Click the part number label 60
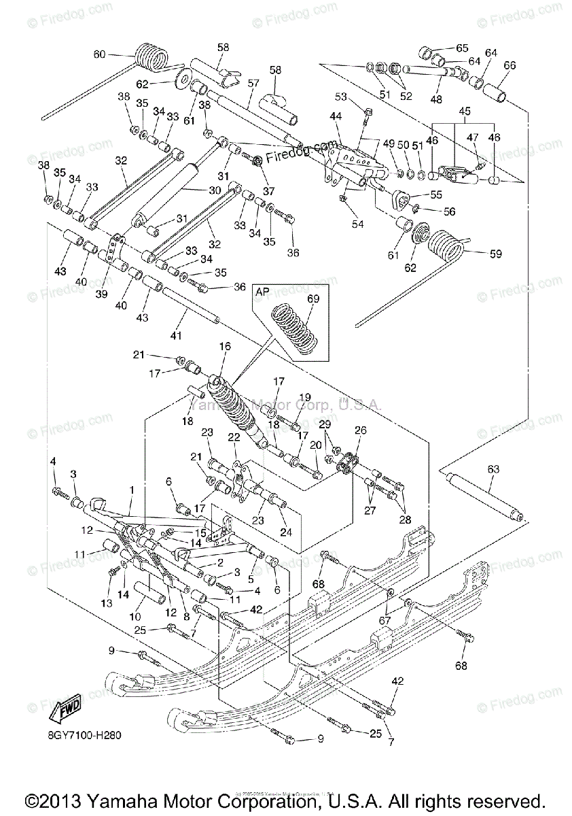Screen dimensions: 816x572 [100, 54]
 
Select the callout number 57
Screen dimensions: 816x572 [253, 83]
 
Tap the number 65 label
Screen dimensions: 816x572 [462, 48]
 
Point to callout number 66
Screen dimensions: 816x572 [510, 65]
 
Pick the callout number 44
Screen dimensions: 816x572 [336, 116]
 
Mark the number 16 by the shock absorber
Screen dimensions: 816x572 [225, 347]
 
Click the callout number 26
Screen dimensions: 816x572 [359, 430]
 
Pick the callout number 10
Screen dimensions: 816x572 [135, 616]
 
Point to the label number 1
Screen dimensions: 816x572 [131, 490]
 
